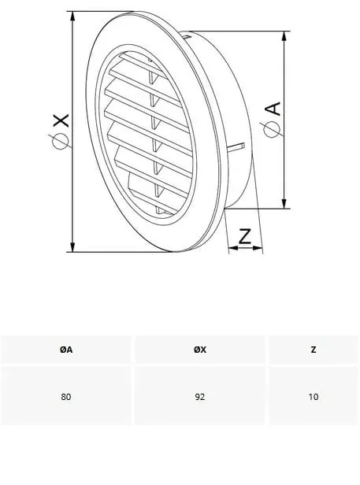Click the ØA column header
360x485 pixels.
(66, 350)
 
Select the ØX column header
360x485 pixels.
(200, 350)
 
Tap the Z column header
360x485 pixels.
(314, 350)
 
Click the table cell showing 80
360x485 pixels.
(66, 397)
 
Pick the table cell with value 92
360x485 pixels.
(200, 397)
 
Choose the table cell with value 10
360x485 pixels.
(314, 397)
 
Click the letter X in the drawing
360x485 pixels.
(61, 120)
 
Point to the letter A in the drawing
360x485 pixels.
(273, 109)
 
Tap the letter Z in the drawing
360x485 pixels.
(244, 236)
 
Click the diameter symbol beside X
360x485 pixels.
(61, 141)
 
